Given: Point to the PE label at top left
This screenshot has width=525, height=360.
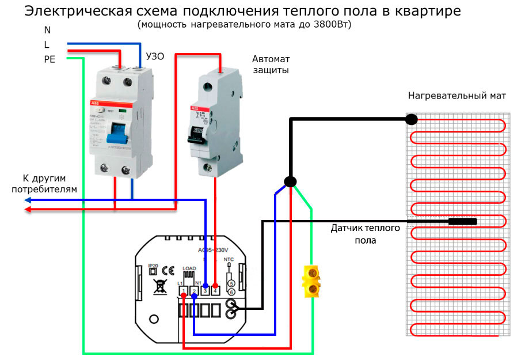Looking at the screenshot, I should click(x=50, y=59).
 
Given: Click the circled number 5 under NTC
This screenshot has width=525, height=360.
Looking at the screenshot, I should click(x=231, y=283).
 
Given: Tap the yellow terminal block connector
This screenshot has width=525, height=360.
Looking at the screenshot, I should click(x=311, y=281).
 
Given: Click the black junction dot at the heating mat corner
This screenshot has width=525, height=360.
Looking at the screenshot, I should click(x=410, y=119).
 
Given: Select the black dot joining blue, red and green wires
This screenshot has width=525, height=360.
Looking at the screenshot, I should click(x=291, y=181).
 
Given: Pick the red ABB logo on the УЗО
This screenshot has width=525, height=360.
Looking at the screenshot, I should click(x=94, y=102).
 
